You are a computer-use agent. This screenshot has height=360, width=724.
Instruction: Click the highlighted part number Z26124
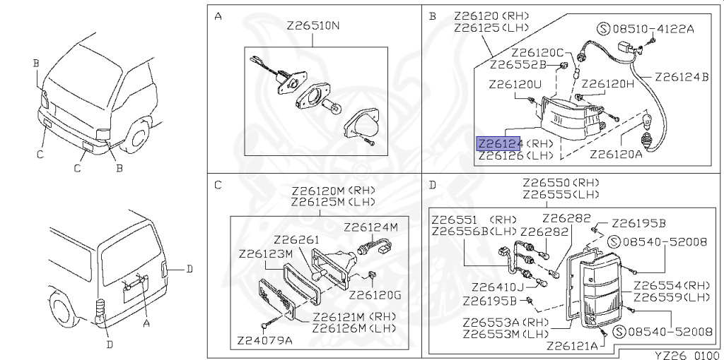(x=499, y=143)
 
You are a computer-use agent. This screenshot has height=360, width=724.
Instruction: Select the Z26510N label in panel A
(x=313, y=26)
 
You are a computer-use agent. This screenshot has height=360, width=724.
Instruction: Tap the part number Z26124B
(x=682, y=77)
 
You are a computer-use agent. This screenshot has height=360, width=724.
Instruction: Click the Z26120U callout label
(x=515, y=85)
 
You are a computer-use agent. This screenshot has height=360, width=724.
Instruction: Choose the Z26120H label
(x=607, y=84)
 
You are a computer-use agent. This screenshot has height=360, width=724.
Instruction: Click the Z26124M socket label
(x=370, y=227)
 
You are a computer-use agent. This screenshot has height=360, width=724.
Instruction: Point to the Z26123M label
(x=266, y=254)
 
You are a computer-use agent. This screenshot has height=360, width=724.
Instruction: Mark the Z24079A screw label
(x=264, y=341)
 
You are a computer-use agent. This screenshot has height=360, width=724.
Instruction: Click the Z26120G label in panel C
(x=375, y=295)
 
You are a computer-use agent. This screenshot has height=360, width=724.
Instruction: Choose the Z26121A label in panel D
(x=572, y=346)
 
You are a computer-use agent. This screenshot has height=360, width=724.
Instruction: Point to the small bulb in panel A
(x=332, y=107)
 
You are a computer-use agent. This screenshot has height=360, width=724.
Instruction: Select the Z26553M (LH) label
(x=506, y=333)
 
